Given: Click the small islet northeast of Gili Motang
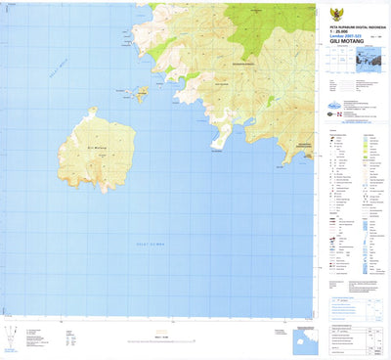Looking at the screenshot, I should (x=141, y=95).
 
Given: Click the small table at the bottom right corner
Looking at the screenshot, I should (x=371, y=337).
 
